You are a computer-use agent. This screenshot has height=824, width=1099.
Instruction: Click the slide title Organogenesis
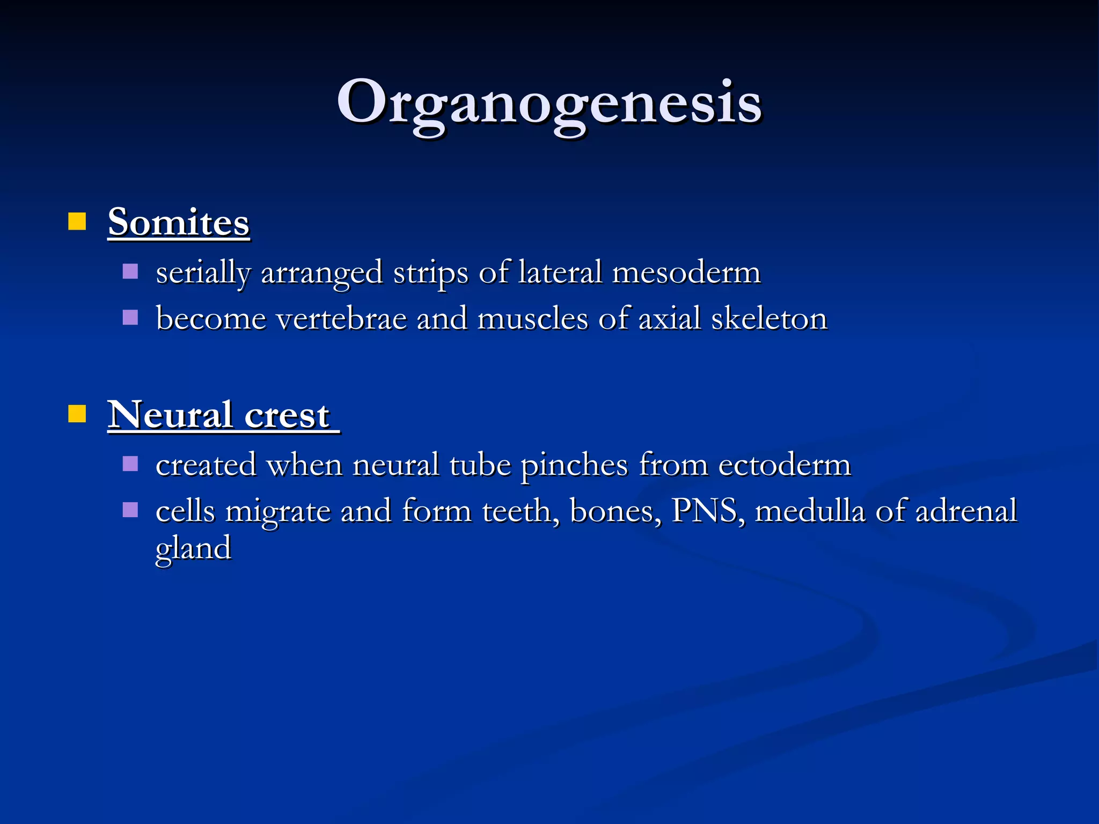tap(549, 102)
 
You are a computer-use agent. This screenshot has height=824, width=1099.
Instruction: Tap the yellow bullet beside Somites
tap(77, 221)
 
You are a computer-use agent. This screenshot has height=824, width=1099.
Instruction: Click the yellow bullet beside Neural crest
tap(77, 414)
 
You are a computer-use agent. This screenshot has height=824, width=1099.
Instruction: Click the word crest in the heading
tap(287, 416)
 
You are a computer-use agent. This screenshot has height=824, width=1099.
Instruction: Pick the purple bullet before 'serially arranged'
tap(130, 271)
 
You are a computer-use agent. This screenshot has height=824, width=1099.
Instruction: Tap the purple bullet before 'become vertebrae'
tap(130, 318)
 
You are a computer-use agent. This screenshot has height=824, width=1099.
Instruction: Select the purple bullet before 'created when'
tap(130, 464)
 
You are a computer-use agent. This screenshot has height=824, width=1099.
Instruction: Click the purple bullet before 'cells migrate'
tap(130, 510)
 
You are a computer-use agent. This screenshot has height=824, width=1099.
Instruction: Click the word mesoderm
tap(686, 272)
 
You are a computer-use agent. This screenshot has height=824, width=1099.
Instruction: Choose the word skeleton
tap(769, 319)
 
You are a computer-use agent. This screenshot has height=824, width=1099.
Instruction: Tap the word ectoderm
tap(785, 465)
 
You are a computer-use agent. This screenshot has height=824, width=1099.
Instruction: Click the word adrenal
tap(966, 511)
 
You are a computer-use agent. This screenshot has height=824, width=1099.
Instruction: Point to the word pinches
tap(574, 465)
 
